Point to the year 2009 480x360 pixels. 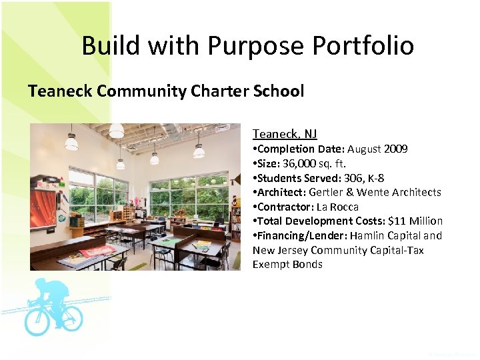pyautogui.click(x=395, y=149)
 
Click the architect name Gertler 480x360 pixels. pyautogui.click(x=326, y=192)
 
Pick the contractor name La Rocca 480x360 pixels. pyautogui.click(x=337, y=207)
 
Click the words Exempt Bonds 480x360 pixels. pyautogui.click(x=287, y=265)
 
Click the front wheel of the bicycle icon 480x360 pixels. pyautogui.click(x=69, y=318)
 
